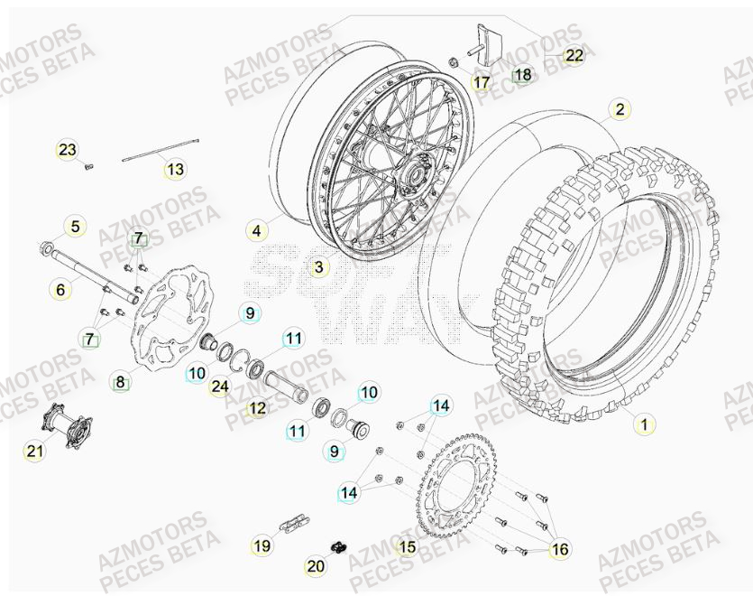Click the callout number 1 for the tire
point(642,422)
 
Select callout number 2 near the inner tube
point(619,110)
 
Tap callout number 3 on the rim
point(318,267)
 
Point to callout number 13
point(174,169)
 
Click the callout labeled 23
point(68,149)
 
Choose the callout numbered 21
point(34,452)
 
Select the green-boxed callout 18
point(523,75)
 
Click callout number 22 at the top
point(574,55)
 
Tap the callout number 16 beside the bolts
point(559,547)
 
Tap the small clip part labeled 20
point(340,547)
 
